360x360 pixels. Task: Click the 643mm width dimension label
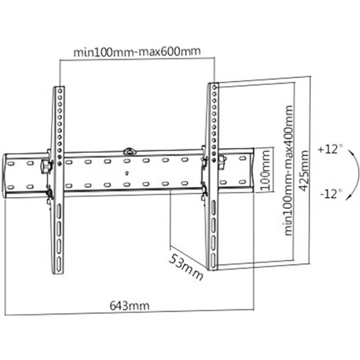[125, 305]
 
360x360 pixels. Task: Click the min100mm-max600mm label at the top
[136, 52]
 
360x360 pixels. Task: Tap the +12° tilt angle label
[331, 150]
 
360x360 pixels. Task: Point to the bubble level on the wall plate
[128, 150]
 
